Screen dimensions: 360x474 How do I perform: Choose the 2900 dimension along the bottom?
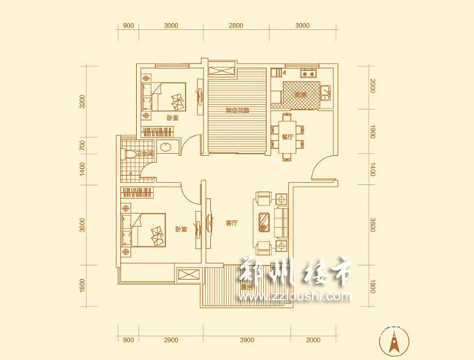[x=170, y=339]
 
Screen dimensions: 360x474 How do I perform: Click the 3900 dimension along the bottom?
[x=246, y=339]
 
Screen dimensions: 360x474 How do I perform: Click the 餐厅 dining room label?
[x=287, y=138]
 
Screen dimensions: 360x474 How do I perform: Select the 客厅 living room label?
[x=233, y=224]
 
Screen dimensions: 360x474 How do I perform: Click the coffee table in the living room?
[x=265, y=223]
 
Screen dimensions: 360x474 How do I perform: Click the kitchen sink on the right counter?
[x=325, y=94]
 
